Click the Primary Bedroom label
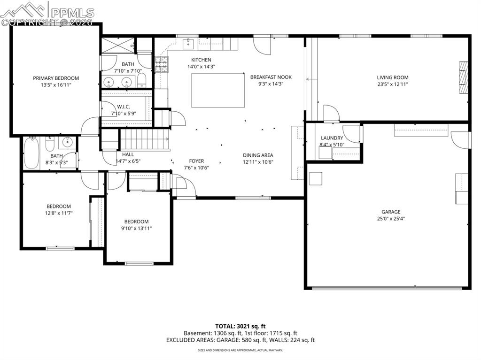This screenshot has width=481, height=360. pos(56,78)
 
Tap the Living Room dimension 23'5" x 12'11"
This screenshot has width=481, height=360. pos(392,84)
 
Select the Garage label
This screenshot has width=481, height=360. pos(391,212)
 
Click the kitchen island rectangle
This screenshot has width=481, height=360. pos(218,90)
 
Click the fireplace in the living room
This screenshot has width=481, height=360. pos(464,77)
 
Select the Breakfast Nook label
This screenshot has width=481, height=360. pos(271,77)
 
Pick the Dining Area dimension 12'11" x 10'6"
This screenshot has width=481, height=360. pos(258,162)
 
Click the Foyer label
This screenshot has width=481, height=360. pos(196,161)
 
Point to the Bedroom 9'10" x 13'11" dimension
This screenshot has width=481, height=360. pos(136,229)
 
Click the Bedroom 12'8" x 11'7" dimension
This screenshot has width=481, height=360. pos(59,213)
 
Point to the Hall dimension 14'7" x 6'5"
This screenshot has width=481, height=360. pos(128,161)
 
